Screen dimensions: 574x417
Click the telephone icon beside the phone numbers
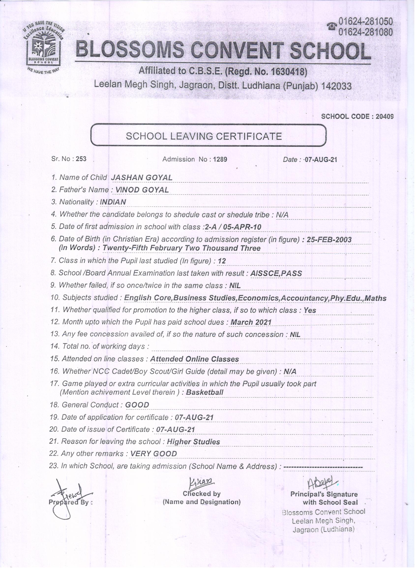click(x=332, y=27)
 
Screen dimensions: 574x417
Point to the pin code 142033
click(x=336, y=87)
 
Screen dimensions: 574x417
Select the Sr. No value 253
click(x=81, y=159)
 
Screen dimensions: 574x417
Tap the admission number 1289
click(x=220, y=159)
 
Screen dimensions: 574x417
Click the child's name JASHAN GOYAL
click(x=142, y=178)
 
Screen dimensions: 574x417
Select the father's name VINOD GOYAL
click(x=142, y=190)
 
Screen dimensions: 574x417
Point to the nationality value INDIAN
click(x=113, y=202)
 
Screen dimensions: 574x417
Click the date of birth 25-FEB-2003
click(x=329, y=240)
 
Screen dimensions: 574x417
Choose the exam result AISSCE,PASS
click(x=276, y=273)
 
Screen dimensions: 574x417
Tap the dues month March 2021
click(x=251, y=322)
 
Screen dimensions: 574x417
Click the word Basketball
click(x=205, y=393)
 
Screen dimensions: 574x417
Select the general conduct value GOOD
click(x=137, y=405)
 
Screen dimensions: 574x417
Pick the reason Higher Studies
click(x=194, y=442)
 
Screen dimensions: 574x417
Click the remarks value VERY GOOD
click(x=153, y=454)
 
